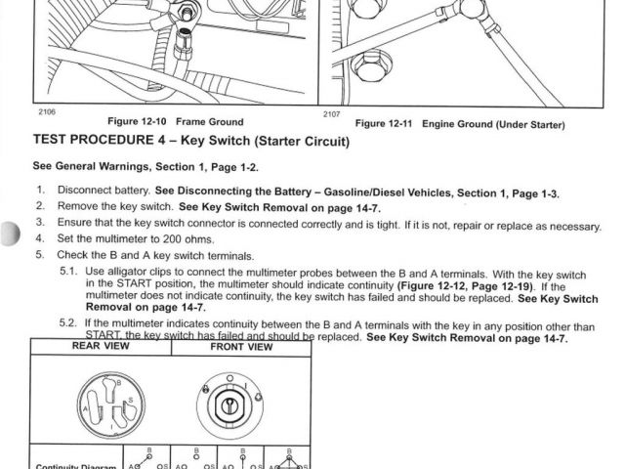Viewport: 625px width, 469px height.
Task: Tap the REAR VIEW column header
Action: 101,346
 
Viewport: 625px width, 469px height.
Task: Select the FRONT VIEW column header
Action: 241,346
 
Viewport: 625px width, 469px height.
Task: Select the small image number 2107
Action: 333,113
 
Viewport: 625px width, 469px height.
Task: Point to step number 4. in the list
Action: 40,238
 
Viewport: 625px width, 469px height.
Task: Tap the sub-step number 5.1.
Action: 68,271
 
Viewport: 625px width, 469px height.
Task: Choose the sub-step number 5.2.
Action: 68,323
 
